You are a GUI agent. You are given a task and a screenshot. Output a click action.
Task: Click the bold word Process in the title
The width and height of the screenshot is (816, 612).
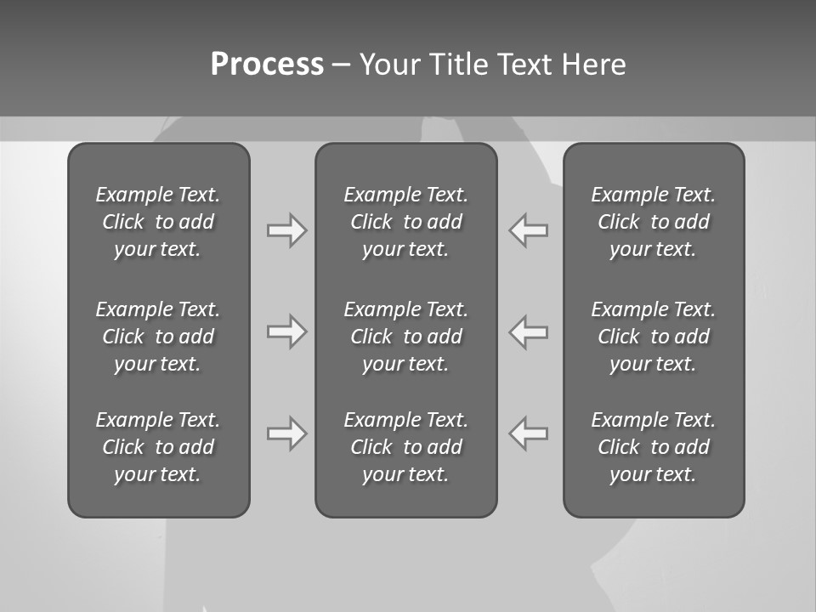tap(267, 65)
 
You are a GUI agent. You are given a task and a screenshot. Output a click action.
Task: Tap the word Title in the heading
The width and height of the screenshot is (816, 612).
tap(456, 65)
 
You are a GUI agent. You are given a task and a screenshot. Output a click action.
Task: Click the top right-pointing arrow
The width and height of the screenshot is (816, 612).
tap(286, 230)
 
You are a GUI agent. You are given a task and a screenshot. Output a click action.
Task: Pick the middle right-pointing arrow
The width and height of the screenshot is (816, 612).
tap(286, 331)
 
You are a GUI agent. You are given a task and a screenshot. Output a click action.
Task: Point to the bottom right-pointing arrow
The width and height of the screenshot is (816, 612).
tap(286, 433)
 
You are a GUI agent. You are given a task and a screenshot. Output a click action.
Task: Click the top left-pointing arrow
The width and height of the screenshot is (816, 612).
tap(529, 230)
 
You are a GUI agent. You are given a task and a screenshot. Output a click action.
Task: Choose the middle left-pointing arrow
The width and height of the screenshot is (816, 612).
tap(529, 331)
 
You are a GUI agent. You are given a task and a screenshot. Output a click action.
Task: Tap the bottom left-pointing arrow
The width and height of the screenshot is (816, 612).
tap(529, 433)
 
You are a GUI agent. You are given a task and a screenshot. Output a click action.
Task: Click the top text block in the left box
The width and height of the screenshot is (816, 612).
tap(158, 222)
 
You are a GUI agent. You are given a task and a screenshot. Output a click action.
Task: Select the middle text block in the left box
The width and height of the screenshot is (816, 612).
tap(158, 337)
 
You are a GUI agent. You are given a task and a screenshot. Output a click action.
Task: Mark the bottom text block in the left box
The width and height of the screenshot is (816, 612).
tap(158, 447)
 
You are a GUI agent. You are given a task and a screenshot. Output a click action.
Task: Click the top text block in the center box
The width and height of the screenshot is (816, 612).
tap(405, 222)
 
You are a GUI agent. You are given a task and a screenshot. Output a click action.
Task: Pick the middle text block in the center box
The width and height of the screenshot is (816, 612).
tap(405, 337)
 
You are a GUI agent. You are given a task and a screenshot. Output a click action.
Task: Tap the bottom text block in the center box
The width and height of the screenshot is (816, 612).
tap(405, 447)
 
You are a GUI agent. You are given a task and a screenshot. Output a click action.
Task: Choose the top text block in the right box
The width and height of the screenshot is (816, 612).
tap(653, 222)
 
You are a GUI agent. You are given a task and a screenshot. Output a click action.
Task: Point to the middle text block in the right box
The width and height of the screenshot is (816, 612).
tap(653, 337)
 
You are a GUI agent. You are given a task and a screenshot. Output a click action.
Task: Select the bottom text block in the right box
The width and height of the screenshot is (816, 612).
tap(653, 447)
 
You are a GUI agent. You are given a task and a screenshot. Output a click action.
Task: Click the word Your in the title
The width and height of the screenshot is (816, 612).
tap(388, 65)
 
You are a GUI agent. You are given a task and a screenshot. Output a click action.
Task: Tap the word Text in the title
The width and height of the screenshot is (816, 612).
tap(525, 65)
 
